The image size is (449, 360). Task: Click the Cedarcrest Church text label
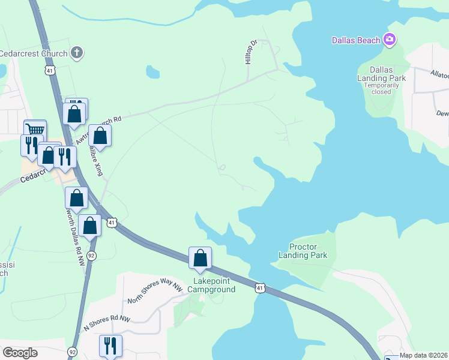coord(34,53)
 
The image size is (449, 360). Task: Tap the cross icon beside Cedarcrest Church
coord(76,53)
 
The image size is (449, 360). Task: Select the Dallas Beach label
coord(356,40)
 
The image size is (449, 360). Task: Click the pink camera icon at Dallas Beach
coord(390,40)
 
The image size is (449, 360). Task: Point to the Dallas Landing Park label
coord(381,74)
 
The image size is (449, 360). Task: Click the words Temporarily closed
coord(381,89)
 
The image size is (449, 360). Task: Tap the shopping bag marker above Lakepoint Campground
coord(200,258)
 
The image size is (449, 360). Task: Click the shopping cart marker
coord(35,130)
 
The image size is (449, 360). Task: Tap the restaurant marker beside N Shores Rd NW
coord(110,345)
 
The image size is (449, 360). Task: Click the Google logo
coord(20,353)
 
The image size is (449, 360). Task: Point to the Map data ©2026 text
coord(424,355)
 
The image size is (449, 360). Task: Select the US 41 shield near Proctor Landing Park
coord(259,289)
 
